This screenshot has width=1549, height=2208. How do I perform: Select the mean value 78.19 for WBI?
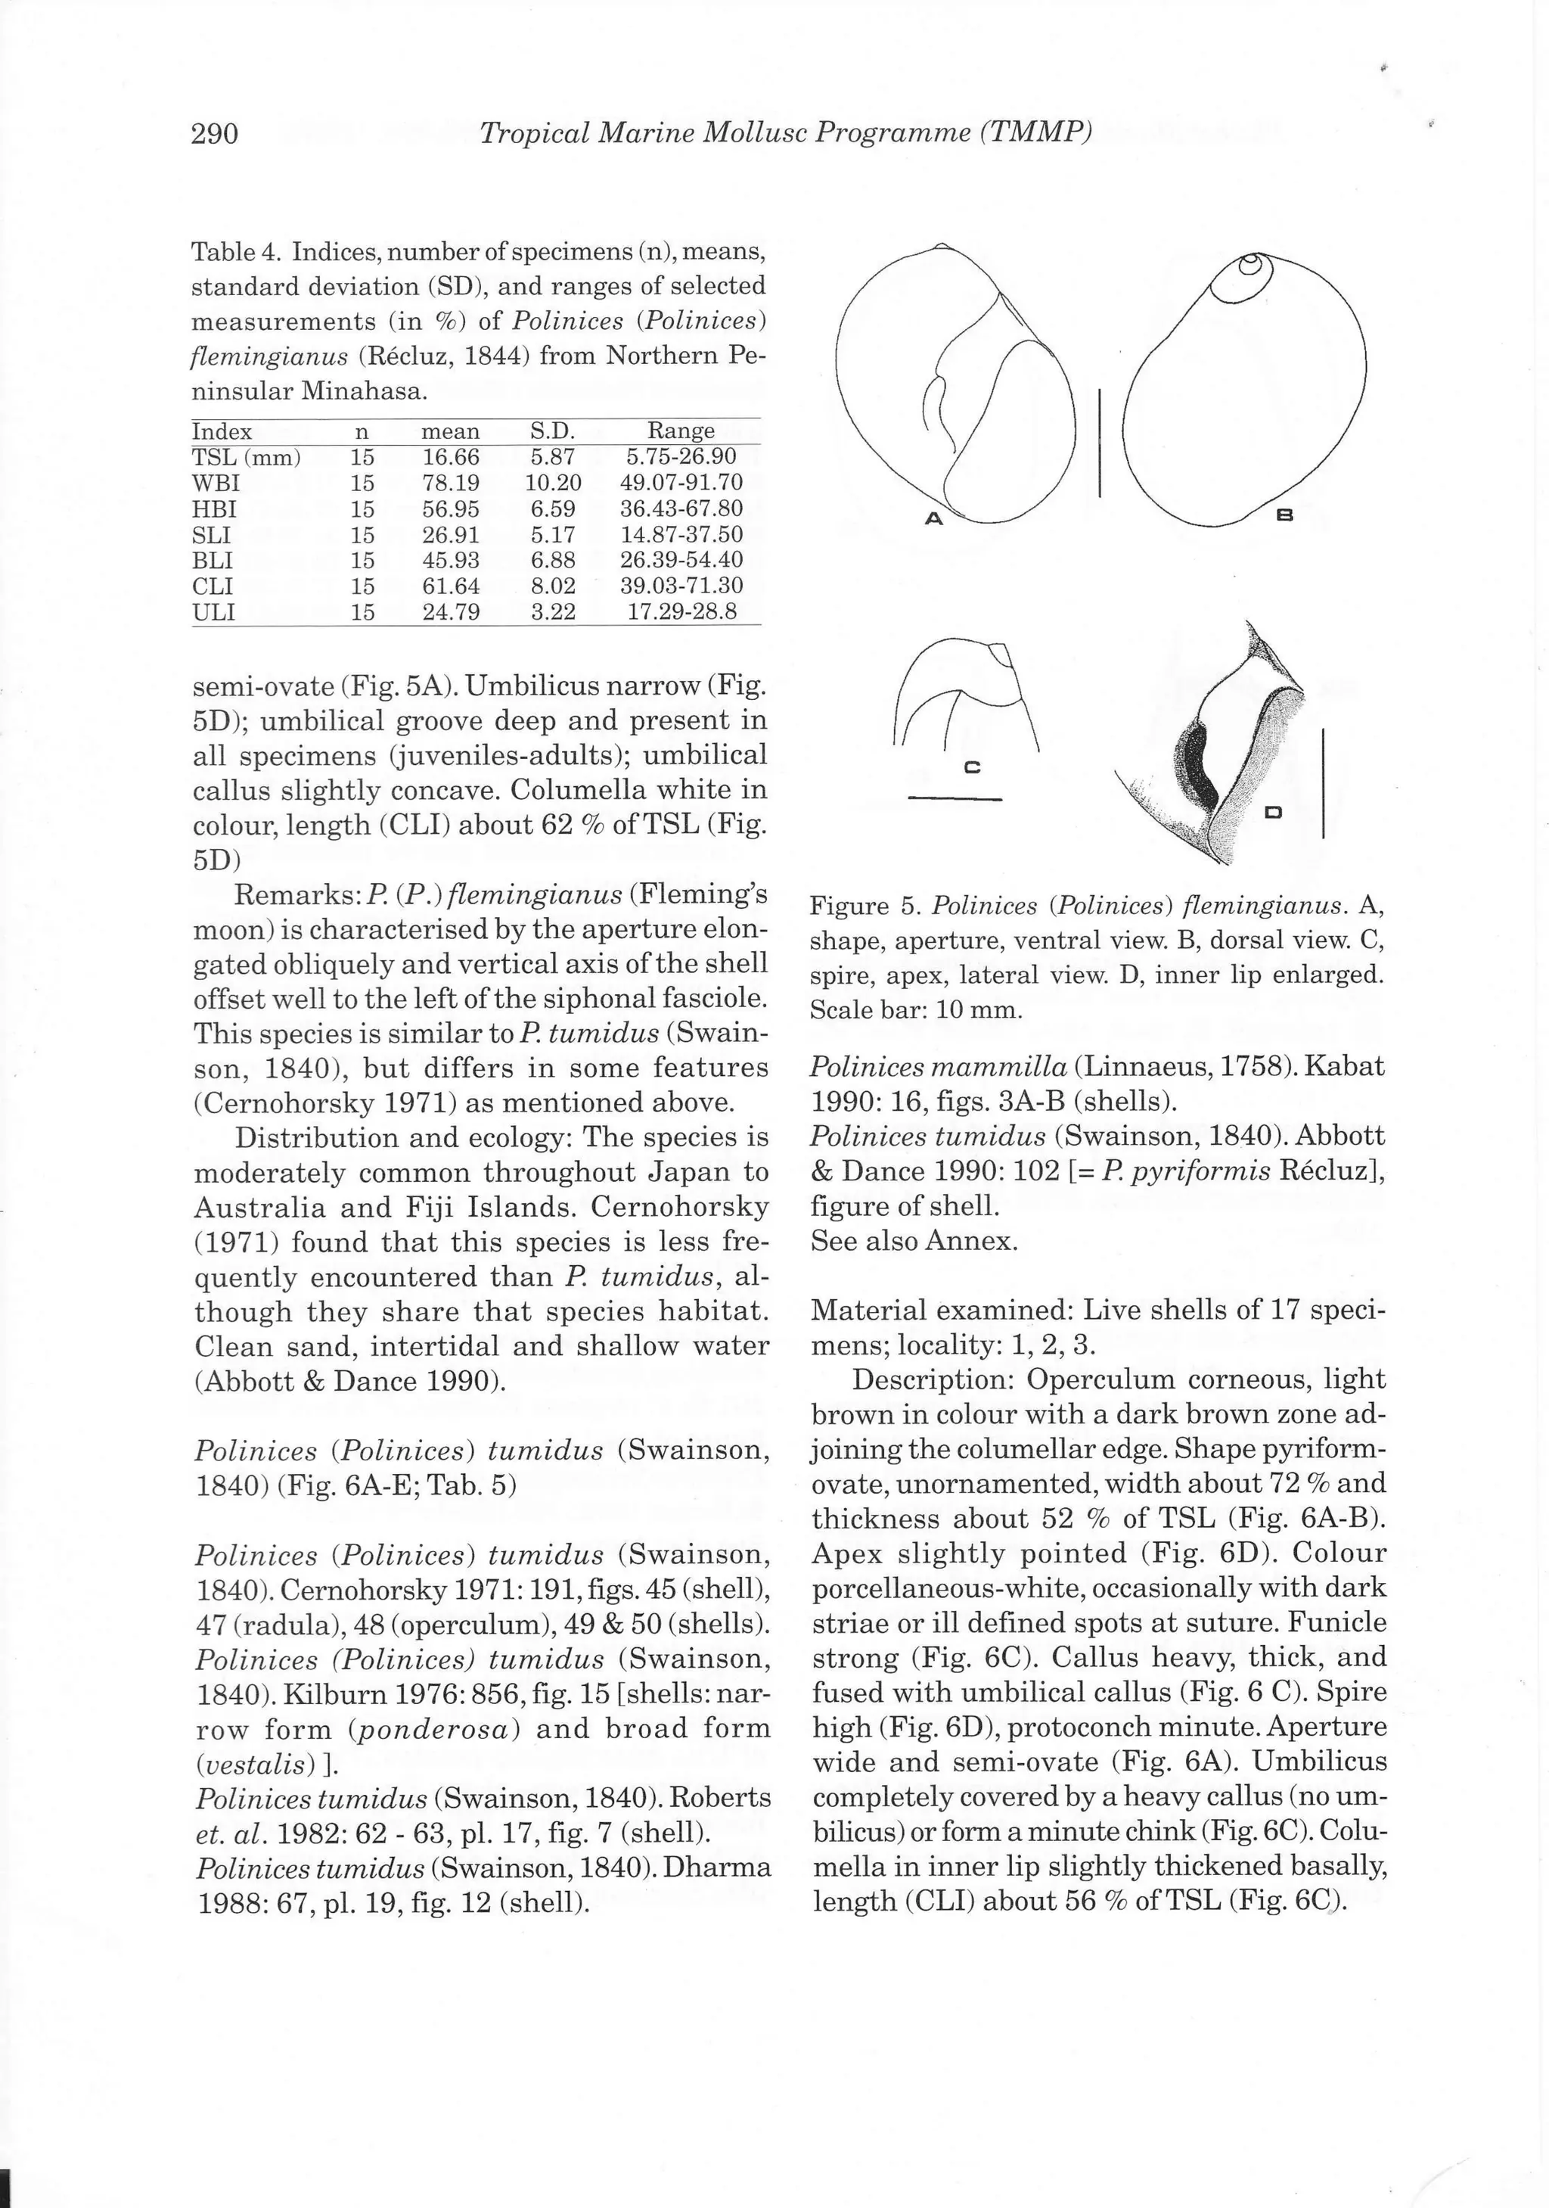[x=450, y=483]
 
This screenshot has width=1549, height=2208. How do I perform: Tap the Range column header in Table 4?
[x=681, y=431]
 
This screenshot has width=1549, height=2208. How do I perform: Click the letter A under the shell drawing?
[x=932, y=518]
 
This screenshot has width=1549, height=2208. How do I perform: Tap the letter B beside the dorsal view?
[x=1284, y=516]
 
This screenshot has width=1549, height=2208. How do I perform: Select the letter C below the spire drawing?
[x=971, y=767]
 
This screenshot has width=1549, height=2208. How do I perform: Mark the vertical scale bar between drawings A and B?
[x=1099, y=443]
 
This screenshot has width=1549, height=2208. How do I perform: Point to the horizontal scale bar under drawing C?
[x=955, y=798]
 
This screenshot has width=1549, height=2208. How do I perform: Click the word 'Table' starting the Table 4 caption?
[x=219, y=252]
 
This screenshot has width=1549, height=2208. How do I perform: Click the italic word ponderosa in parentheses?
[x=435, y=1730]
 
